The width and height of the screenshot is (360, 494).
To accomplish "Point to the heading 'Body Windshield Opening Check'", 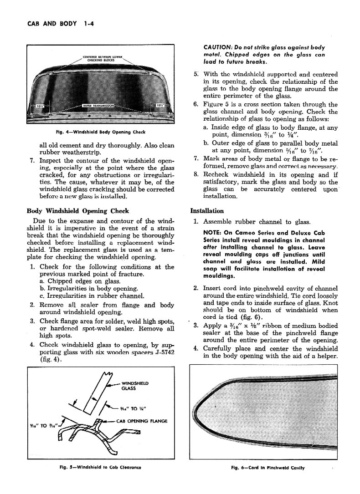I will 78,211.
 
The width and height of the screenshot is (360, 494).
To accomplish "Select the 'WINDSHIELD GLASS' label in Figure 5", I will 135,386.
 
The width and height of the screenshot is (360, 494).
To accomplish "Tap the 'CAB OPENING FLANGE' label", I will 142,421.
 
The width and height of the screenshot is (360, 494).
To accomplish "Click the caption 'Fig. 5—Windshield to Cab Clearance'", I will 101,467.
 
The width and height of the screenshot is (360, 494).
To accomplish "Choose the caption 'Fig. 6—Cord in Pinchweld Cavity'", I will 267,467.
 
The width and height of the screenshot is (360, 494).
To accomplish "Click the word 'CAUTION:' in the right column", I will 218,47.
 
